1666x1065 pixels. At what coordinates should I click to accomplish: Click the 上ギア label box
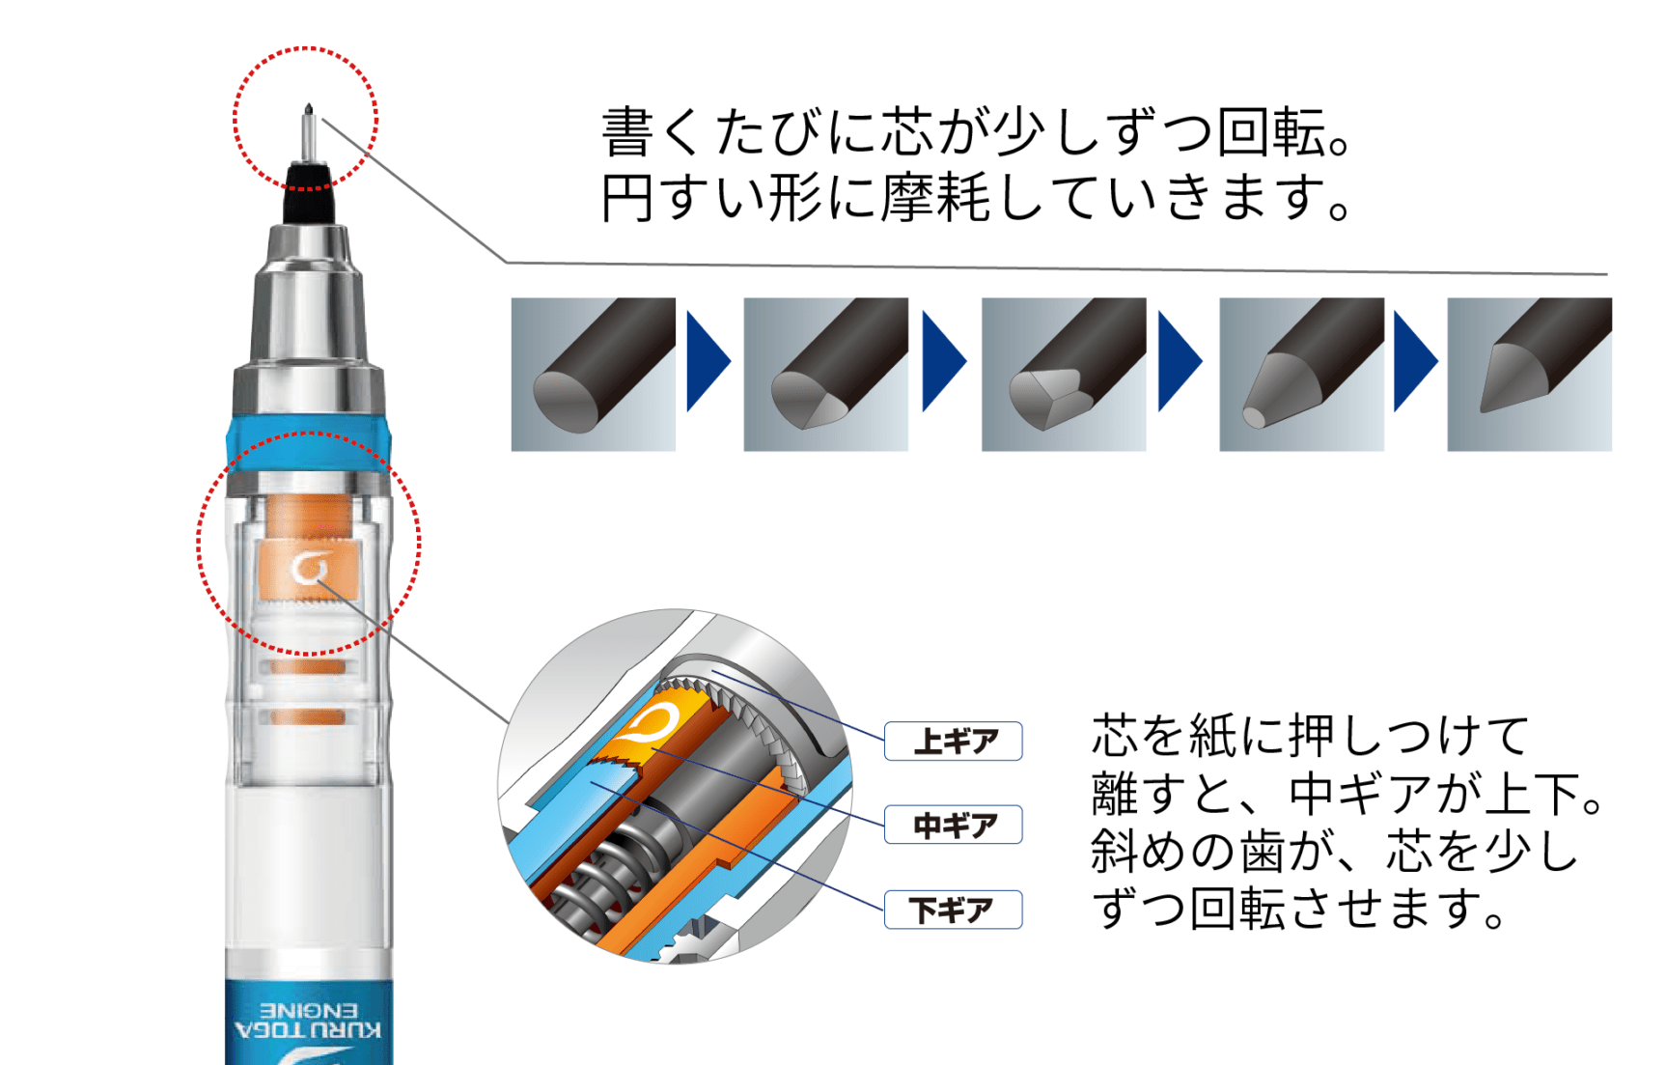pyautogui.click(x=953, y=742)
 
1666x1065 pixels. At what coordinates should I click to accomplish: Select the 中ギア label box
pyautogui.click(x=953, y=826)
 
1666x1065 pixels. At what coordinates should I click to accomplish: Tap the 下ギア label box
pyautogui.click(x=953, y=910)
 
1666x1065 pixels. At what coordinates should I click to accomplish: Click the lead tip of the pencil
pyautogui.click(x=308, y=110)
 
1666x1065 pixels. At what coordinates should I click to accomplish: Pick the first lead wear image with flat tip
pyautogui.click(x=593, y=374)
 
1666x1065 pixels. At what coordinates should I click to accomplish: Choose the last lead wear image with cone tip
pyautogui.click(x=1529, y=374)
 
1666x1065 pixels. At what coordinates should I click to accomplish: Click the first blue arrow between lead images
pyautogui.click(x=708, y=361)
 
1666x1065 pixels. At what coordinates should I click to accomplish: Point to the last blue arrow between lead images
pyautogui.click(x=1415, y=361)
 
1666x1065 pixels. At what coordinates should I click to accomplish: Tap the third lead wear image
pyautogui.click(x=1063, y=374)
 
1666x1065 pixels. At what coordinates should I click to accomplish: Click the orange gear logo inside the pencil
pyautogui.click(x=309, y=568)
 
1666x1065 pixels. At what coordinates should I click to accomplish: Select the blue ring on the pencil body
pyautogui.click(x=309, y=441)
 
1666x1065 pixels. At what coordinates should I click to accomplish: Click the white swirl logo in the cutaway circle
pyautogui.click(x=654, y=725)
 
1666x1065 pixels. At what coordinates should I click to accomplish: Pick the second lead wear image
pyautogui.click(x=825, y=374)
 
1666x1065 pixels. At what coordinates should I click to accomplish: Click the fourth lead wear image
pyautogui.click(x=1301, y=374)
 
